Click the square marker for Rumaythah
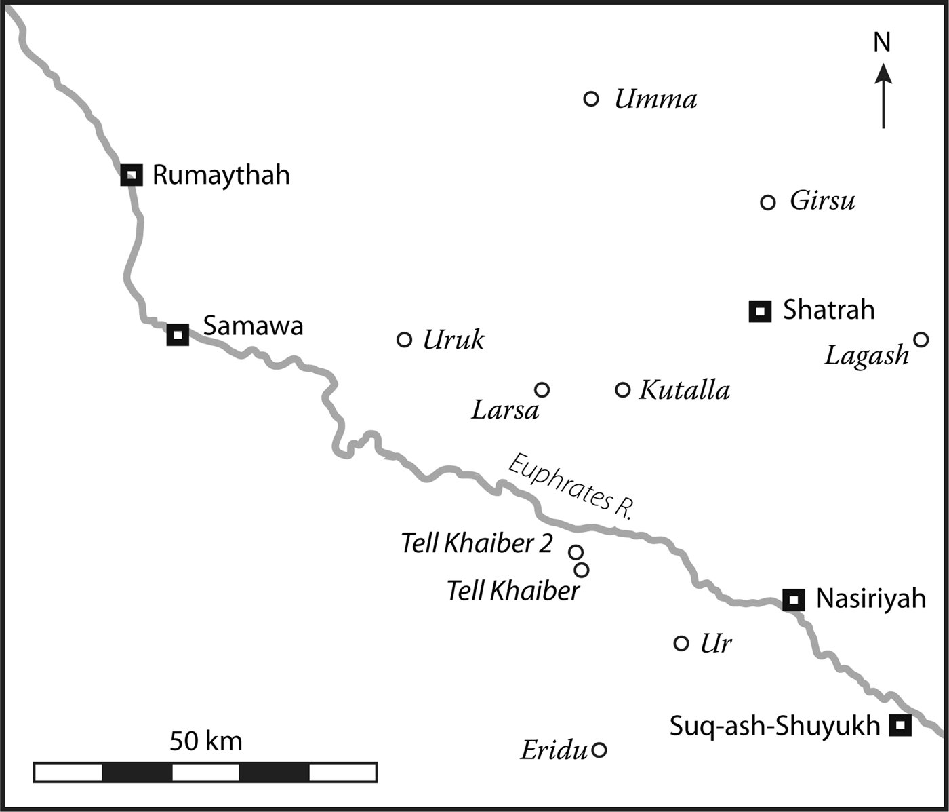click(x=132, y=175)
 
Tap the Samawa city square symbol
click(x=178, y=334)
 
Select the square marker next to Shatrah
click(x=760, y=311)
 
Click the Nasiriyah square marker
click(x=794, y=600)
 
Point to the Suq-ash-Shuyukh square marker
click(x=900, y=725)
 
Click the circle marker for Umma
click(x=591, y=99)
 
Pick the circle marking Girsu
click(x=767, y=202)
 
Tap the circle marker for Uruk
click(x=404, y=339)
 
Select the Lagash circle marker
click(x=921, y=339)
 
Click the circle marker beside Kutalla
click(x=622, y=390)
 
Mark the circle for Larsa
click(x=542, y=390)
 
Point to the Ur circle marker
click(x=681, y=643)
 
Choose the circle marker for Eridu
click(x=599, y=750)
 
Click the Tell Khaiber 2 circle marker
click(x=576, y=552)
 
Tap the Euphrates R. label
click(x=571, y=487)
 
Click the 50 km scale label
click(x=205, y=741)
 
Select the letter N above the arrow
click(x=882, y=43)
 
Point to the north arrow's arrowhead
click(x=883, y=73)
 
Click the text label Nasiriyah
click(x=871, y=599)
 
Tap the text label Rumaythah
click(x=221, y=175)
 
